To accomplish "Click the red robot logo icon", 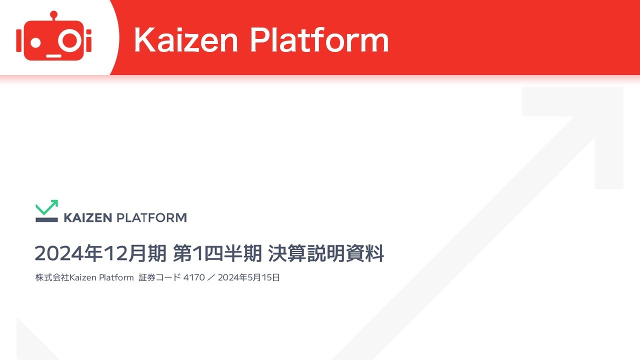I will (x=54, y=37).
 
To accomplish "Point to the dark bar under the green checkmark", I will (x=46, y=219).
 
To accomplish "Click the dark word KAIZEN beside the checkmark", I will (x=87, y=218).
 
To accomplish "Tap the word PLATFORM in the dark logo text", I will (x=151, y=218).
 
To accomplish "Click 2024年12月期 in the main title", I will (x=100, y=253).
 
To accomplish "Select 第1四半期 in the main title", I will (x=217, y=253).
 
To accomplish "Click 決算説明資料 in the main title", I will (x=326, y=253).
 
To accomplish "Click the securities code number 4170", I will (x=194, y=277).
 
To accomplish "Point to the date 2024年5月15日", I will (x=248, y=277).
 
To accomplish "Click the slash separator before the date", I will (x=211, y=277).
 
